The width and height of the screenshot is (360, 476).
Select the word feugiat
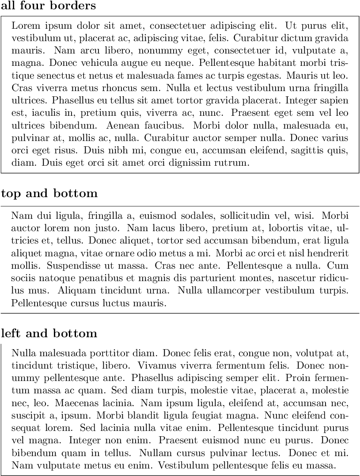[243, 416]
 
